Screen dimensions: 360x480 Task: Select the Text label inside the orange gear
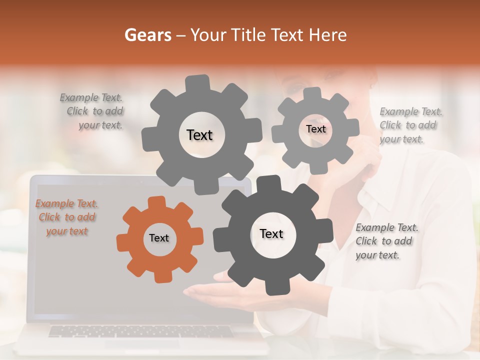159,238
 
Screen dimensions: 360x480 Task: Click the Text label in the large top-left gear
199,135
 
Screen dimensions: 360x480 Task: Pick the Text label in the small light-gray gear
315,129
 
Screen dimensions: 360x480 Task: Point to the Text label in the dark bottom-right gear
271,234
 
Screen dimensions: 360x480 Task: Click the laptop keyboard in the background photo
140,331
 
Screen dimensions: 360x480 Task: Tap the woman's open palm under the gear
205,292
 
